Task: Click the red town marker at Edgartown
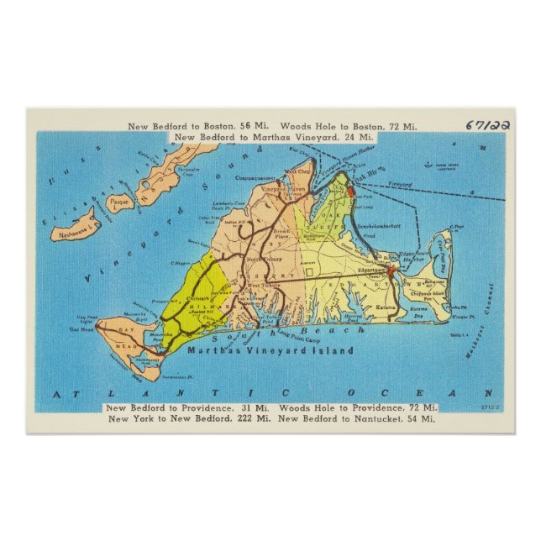coord(391,270)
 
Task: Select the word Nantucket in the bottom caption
coord(378,418)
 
